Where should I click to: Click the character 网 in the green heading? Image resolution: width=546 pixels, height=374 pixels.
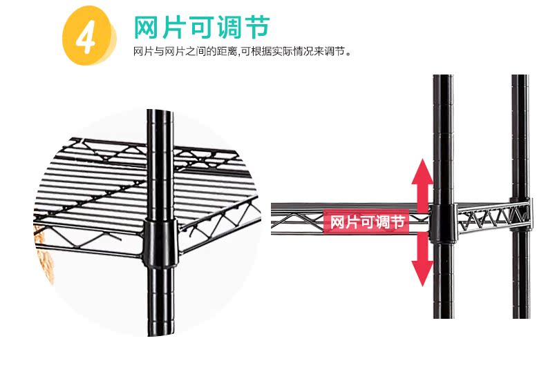tap(147, 28)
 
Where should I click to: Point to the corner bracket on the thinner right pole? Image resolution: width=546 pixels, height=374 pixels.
tap(522, 210)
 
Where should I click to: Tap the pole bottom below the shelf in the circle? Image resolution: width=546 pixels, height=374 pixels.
tap(158, 304)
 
